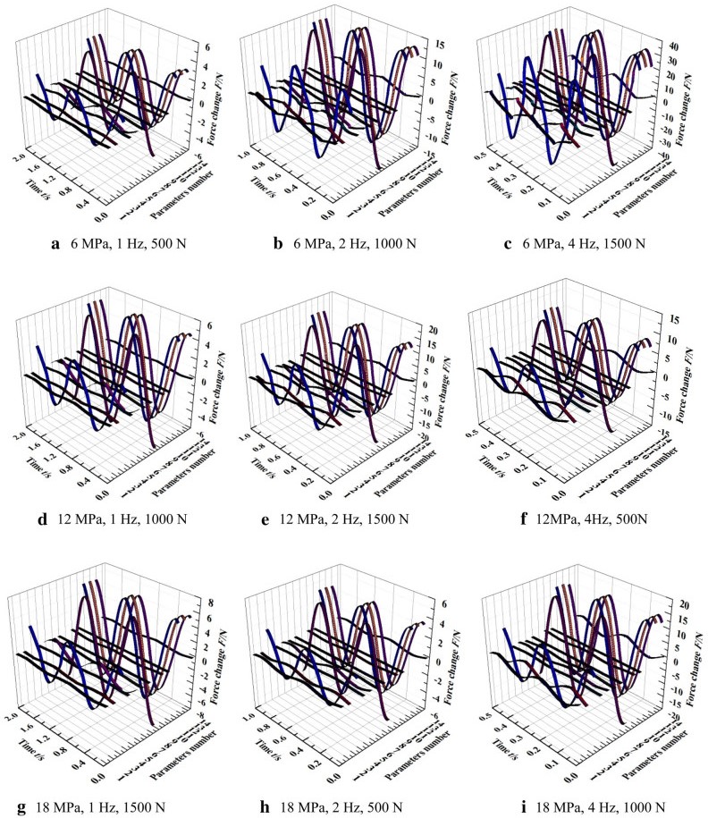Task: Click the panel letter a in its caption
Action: [56, 243]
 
